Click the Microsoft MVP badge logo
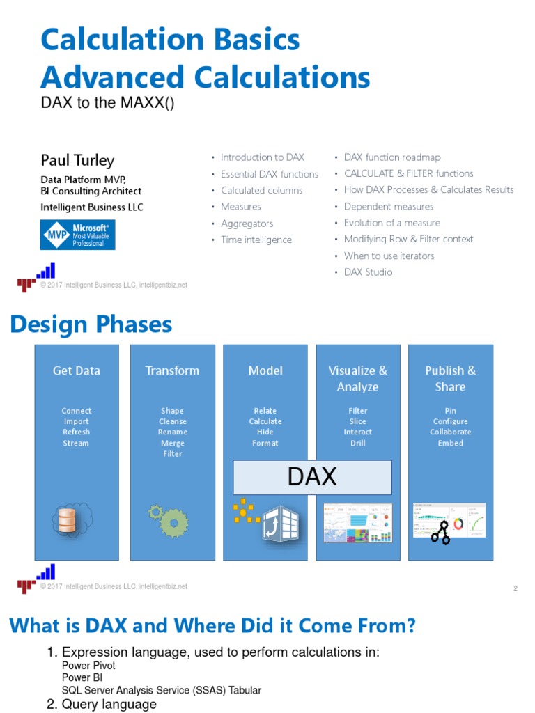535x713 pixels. coord(78,235)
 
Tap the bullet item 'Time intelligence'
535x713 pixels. coord(256,240)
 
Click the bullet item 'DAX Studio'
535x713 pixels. coord(368,272)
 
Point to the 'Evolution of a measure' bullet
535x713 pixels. coord(391,223)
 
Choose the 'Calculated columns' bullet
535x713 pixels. coord(261,190)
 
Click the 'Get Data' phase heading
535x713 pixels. coord(77,370)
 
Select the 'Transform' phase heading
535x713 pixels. coord(172,370)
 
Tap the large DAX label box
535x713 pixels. coord(312,477)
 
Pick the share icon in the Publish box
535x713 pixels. coord(440,533)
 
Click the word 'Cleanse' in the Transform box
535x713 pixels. coord(172,421)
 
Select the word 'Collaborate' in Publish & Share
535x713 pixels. coord(450,432)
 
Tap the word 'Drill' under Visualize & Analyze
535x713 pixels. coord(357,443)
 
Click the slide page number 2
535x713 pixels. coord(515,589)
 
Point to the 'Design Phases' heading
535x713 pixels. coord(91,324)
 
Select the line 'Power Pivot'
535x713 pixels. coord(88,666)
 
